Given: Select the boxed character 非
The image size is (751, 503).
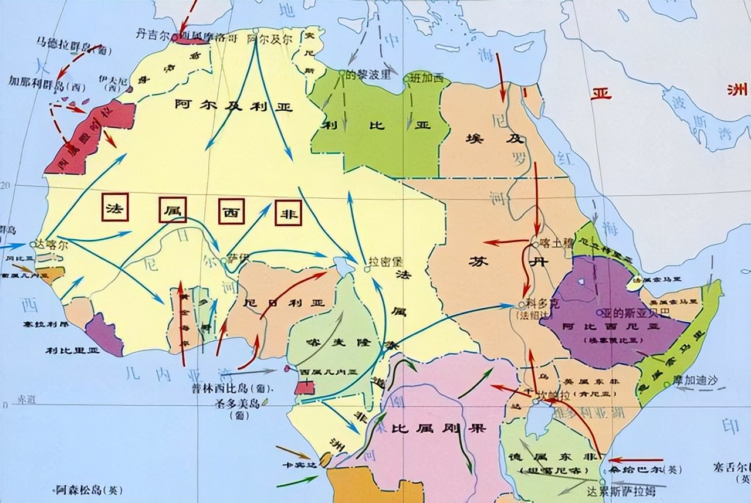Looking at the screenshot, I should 287,213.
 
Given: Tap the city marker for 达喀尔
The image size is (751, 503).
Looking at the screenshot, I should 33,244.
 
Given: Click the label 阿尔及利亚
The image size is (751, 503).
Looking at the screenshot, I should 234,106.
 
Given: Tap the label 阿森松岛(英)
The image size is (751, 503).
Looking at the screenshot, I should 89,490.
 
